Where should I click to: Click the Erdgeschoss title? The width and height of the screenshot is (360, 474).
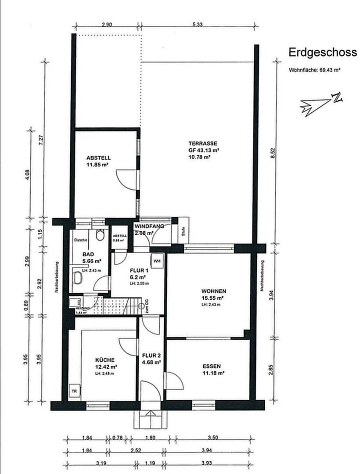pyautogui.click(x=322, y=53)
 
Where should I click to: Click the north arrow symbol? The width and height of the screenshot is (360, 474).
pyautogui.click(x=320, y=104)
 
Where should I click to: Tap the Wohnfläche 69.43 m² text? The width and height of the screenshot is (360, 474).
pyautogui.click(x=315, y=70)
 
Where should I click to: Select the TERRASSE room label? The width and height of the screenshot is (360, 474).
pyautogui.click(x=203, y=144)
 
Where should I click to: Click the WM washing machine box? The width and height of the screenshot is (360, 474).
pyautogui.click(x=157, y=261)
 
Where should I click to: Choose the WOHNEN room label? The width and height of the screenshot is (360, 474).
pyautogui.click(x=214, y=291)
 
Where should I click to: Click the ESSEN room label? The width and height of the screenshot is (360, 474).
pyautogui.click(x=212, y=366)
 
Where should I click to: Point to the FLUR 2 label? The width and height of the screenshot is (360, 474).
pyautogui.click(x=151, y=355)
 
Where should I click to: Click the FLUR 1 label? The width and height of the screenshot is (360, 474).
pyautogui.click(x=139, y=270)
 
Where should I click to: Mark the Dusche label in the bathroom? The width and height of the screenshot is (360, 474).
pyautogui.click(x=81, y=240)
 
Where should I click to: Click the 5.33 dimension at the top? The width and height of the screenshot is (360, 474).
pyautogui.click(x=197, y=25)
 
